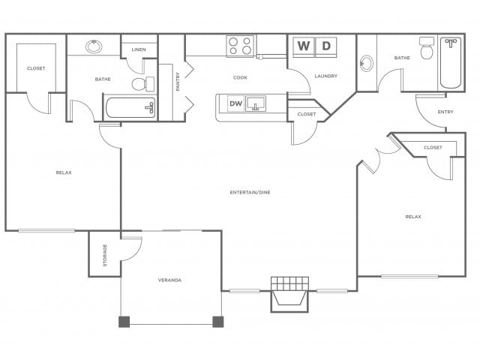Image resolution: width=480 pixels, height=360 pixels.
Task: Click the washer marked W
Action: (304, 46)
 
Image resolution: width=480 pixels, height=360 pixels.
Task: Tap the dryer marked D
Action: (325, 46)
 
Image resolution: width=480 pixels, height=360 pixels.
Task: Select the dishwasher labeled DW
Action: (235, 103)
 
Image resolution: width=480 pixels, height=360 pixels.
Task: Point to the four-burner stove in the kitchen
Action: (240, 46)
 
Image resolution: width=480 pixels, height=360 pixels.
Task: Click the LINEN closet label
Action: (139, 50)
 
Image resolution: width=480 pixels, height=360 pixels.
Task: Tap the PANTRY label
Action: (178, 82)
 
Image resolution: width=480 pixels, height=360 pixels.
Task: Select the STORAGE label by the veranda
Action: (105, 254)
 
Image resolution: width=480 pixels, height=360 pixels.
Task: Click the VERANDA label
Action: (169, 280)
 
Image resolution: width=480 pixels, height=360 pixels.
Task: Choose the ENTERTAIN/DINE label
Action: (250, 193)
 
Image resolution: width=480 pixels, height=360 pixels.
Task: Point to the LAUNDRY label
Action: (325, 76)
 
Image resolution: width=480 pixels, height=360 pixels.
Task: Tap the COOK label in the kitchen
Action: (240, 77)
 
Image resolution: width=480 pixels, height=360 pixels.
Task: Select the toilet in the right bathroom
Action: (427, 49)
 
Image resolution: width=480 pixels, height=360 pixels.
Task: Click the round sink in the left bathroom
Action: (94, 46)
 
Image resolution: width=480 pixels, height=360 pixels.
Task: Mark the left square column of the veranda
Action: (124, 322)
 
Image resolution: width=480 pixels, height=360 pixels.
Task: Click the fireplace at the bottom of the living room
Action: (289, 292)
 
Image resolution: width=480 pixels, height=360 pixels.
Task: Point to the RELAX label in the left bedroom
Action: (64, 172)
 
